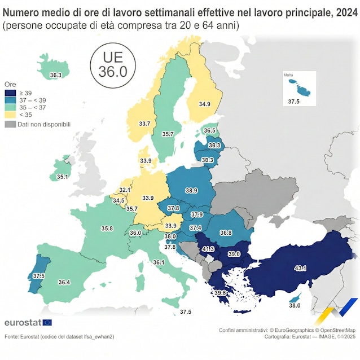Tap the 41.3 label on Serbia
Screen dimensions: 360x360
click(x=208, y=248)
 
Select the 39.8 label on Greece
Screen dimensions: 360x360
click(x=219, y=292)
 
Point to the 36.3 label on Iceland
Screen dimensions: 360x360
click(x=56, y=74)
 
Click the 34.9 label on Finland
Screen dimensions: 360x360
click(x=204, y=104)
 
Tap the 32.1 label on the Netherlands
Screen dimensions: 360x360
click(x=125, y=190)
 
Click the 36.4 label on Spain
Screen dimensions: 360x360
click(x=64, y=282)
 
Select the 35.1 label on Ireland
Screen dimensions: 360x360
click(x=62, y=177)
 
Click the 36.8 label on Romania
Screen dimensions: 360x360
click(x=226, y=232)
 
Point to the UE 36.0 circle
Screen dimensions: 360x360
click(x=113, y=66)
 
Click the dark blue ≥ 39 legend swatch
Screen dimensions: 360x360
click(x=9, y=93)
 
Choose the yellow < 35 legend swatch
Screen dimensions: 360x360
click(x=9, y=115)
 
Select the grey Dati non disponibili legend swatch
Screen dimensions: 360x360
click(x=9, y=124)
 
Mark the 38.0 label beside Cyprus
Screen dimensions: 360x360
click(x=295, y=305)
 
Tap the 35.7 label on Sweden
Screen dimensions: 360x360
click(x=168, y=134)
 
